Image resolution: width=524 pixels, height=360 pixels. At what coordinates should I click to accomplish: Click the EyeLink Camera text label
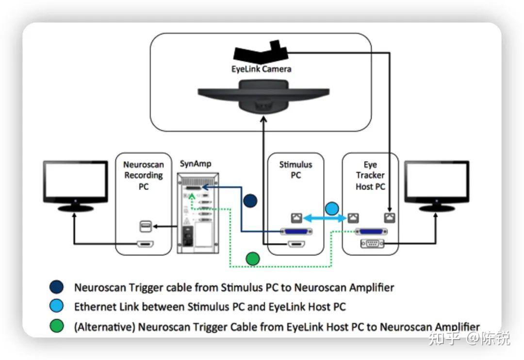point(261,69)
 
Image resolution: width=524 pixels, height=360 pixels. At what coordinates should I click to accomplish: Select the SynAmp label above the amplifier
point(196,164)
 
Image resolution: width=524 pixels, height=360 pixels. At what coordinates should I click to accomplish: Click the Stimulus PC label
point(295,170)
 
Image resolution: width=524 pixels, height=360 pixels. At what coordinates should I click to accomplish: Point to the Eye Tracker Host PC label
point(370,175)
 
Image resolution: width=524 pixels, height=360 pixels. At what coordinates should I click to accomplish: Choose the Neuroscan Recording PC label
point(143,175)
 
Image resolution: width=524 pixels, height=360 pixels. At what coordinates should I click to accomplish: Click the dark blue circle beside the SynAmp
point(250,200)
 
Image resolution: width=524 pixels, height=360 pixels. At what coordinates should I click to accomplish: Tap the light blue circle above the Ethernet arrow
point(331,209)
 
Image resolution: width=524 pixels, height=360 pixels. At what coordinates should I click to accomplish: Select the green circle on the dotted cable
point(252,259)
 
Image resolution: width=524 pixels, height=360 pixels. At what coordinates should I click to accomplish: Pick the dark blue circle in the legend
point(57,287)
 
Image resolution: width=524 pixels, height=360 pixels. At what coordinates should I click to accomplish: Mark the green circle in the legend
point(57,327)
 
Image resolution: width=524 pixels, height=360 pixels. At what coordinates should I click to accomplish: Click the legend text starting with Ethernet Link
point(210,307)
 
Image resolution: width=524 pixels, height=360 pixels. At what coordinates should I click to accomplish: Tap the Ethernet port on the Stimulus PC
point(295,219)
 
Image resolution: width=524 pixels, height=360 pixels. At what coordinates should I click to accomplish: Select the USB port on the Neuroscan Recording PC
point(145,226)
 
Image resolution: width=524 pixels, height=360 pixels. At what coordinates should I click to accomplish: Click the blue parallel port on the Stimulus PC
point(296,231)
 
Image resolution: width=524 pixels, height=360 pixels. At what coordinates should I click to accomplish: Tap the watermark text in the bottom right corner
point(469,339)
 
